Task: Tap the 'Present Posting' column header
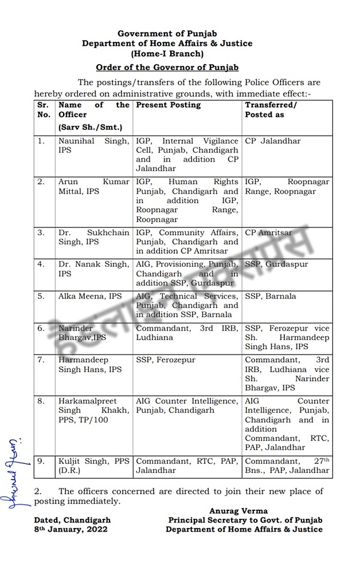click(168, 105)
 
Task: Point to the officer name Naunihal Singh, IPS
click(93, 145)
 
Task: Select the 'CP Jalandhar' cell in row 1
click(272, 141)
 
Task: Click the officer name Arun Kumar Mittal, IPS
click(93, 187)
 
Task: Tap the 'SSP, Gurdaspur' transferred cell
click(276, 264)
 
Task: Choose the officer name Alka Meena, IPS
click(90, 296)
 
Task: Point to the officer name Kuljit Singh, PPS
click(93, 466)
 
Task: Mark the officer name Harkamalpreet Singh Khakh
click(93, 410)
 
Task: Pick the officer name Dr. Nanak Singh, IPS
click(93, 269)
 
